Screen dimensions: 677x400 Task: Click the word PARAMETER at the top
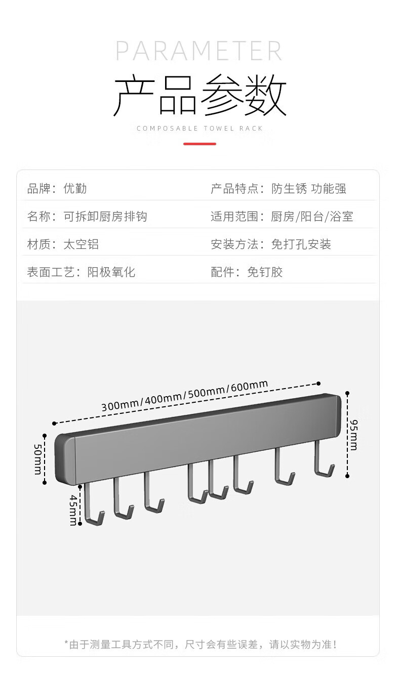point(199,51)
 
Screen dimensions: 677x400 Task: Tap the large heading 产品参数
point(199,95)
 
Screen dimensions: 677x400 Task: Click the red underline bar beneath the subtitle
point(199,144)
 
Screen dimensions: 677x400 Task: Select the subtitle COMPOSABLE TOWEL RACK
point(199,129)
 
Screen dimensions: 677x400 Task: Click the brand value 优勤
point(75,189)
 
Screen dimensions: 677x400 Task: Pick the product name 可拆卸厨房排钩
point(105,217)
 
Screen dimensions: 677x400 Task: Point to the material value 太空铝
point(81,244)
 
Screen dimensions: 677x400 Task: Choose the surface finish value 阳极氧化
point(111,272)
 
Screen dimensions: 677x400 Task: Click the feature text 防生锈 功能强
point(309,189)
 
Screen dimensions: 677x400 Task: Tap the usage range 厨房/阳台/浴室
point(312,217)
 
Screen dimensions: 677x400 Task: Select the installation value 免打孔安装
point(301,244)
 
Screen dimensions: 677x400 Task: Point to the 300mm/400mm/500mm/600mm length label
point(184,396)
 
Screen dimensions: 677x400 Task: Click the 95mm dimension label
point(353,435)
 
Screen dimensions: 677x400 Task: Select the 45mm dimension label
point(73,510)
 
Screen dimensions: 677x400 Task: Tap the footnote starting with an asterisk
point(201,645)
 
